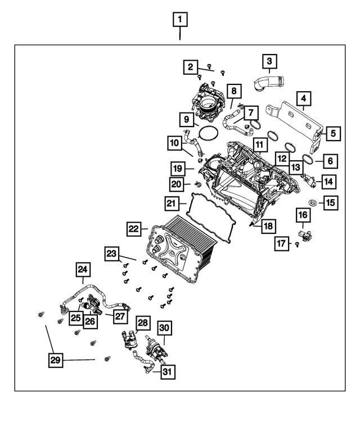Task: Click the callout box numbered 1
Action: pyautogui.click(x=179, y=21)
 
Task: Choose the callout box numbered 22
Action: pyautogui.click(x=133, y=229)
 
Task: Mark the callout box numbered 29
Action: pyautogui.click(x=55, y=359)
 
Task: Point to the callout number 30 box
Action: pyautogui.click(x=164, y=328)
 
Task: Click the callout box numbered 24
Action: pyautogui.click(x=84, y=271)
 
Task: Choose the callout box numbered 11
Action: pyautogui.click(x=259, y=145)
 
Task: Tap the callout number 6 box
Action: pyautogui.click(x=330, y=161)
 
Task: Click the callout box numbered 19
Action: pyautogui.click(x=179, y=168)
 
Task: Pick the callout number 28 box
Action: pyautogui.click(x=143, y=323)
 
